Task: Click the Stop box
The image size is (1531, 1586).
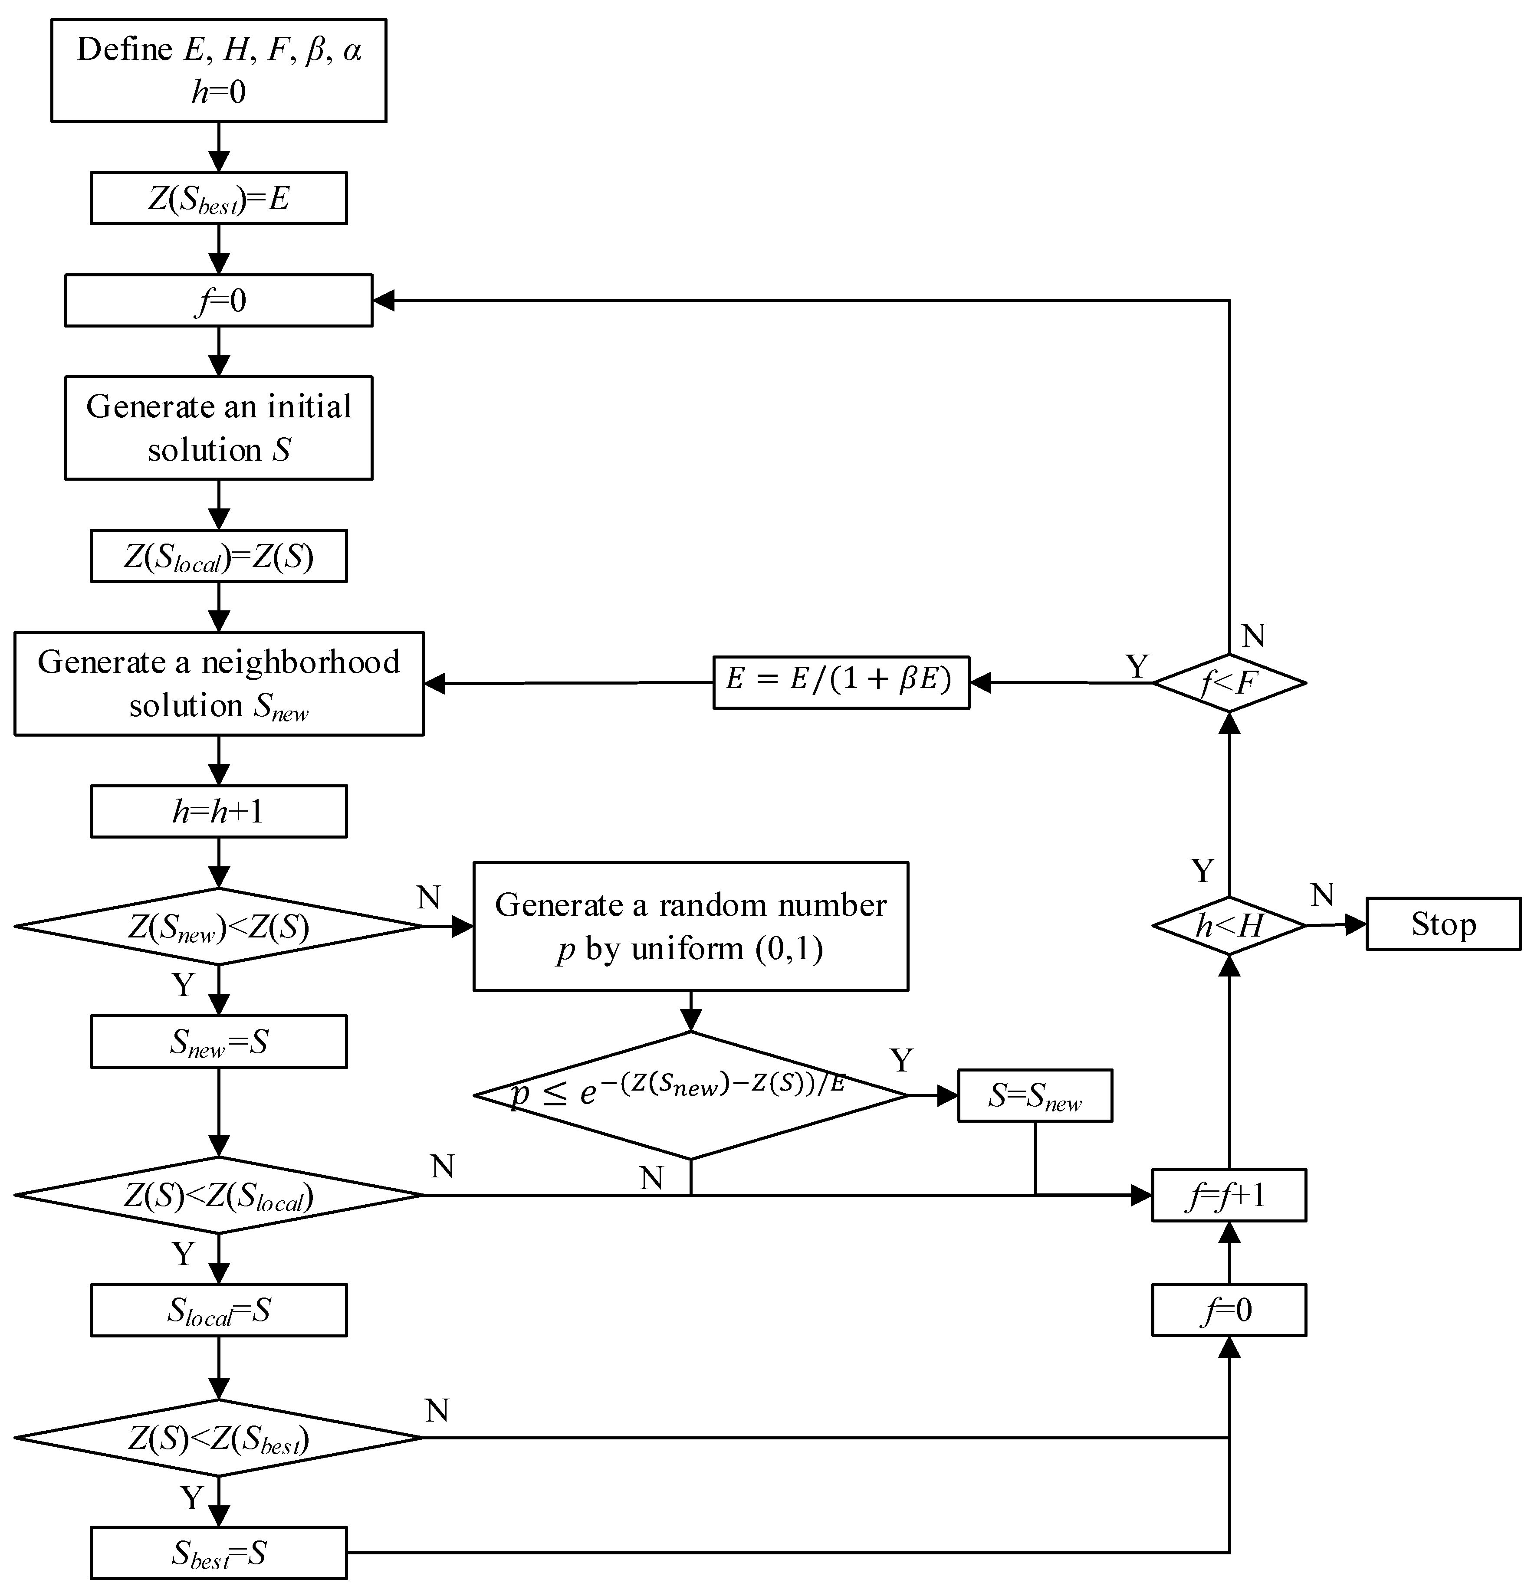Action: pos(1443,924)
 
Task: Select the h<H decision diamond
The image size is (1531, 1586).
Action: pos(1228,925)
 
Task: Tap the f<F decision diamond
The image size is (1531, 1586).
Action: pos(1228,683)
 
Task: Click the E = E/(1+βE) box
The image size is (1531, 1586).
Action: pos(841,682)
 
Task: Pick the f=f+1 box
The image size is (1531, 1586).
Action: pos(1228,1195)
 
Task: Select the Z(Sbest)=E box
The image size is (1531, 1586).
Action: pos(219,198)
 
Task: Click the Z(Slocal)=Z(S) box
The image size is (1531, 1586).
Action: pos(219,556)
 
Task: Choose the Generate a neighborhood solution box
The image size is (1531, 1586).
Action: pos(219,684)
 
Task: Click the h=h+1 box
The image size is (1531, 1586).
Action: pos(219,811)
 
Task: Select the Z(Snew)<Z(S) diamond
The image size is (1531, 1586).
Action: pos(219,927)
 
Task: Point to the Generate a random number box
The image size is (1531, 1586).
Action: pos(690,927)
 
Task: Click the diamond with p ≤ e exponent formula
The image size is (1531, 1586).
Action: pos(690,1096)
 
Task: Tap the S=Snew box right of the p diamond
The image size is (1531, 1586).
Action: pos(1035,1096)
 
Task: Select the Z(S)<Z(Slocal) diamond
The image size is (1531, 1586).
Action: pos(219,1195)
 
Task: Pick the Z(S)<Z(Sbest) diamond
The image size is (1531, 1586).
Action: pos(219,1438)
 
